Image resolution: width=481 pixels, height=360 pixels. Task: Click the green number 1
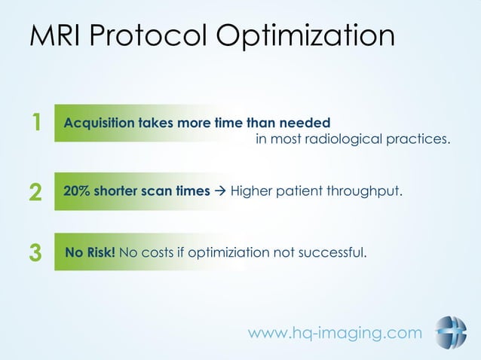point(35,123)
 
